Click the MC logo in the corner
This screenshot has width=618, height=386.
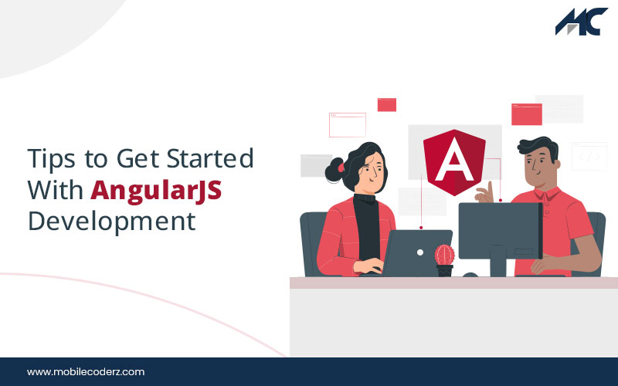pyautogui.click(x=582, y=22)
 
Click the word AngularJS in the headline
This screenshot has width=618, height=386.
pyautogui.click(x=156, y=190)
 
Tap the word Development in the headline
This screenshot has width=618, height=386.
pyautogui.click(x=111, y=222)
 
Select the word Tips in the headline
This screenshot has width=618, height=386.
pyautogui.click(x=51, y=159)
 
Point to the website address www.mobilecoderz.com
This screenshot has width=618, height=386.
pyautogui.click(x=86, y=372)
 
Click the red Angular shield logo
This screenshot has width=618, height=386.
pyautogui.click(x=454, y=162)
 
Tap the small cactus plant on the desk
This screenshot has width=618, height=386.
pyautogui.click(x=445, y=259)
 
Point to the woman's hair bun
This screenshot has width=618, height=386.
pyautogui.click(x=334, y=170)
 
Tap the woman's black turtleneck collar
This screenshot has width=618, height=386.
pyautogui.click(x=365, y=198)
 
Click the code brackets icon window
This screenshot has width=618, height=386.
pyautogui.click(x=589, y=157)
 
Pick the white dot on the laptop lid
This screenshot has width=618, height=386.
pyautogui.click(x=420, y=252)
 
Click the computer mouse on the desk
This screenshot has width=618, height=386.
pyautogui.click(x=470, y=275)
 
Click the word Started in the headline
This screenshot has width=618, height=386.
pyautogui.click(x=210, y=158)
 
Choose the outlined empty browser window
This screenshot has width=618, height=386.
pyautogui.click(x=348, y=125)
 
